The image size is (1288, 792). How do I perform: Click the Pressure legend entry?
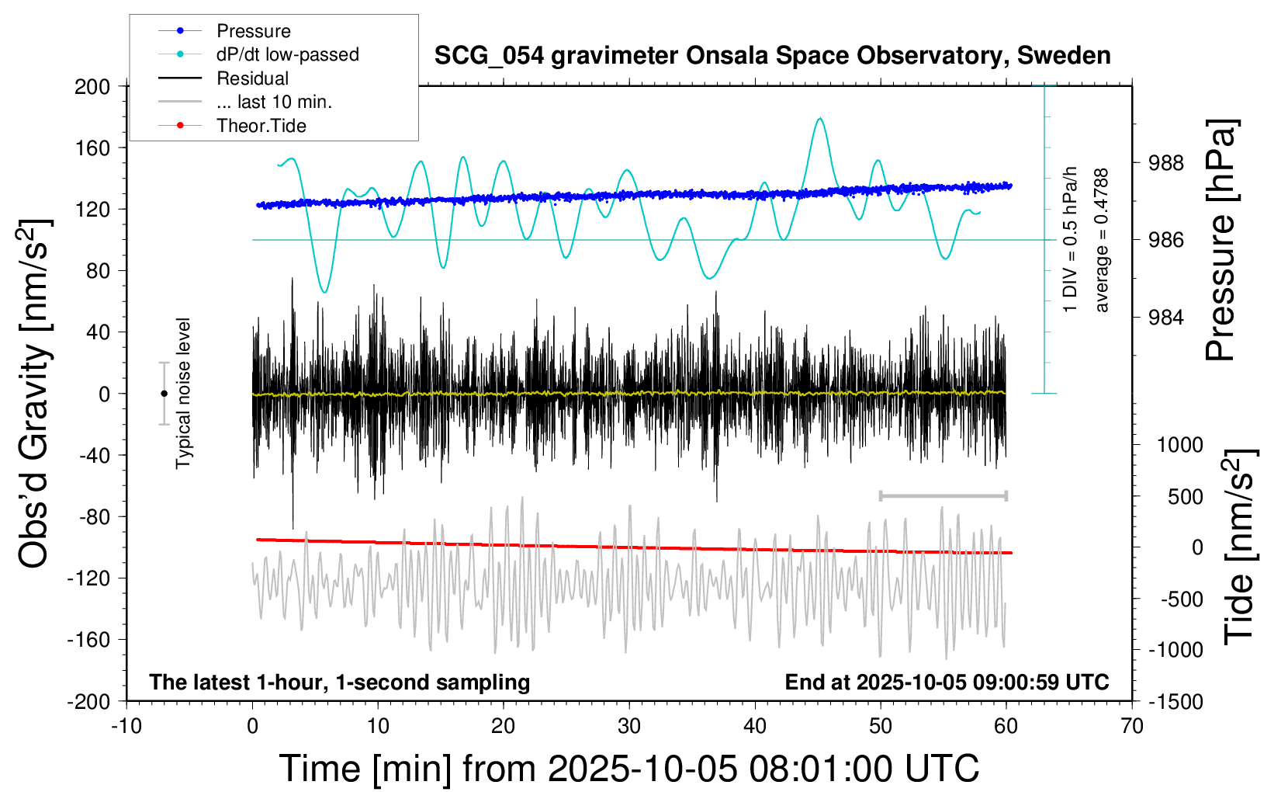point(253,31)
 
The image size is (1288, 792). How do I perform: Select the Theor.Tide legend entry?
point(261,126)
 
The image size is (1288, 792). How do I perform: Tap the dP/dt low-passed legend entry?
point(287,54)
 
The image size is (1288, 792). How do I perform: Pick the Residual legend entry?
point(252,78)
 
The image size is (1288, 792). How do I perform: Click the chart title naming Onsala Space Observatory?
point(772,56)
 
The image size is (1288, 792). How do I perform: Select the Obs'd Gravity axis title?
point(35,394)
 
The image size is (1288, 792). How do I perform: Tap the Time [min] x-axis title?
point(628,769)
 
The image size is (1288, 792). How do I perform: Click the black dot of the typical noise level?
point(164,394)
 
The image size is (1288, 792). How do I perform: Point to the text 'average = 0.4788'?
point(1101,241)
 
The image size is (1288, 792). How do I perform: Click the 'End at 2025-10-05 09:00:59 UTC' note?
point(947,683)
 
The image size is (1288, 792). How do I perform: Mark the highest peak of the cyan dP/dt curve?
point(820,119)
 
